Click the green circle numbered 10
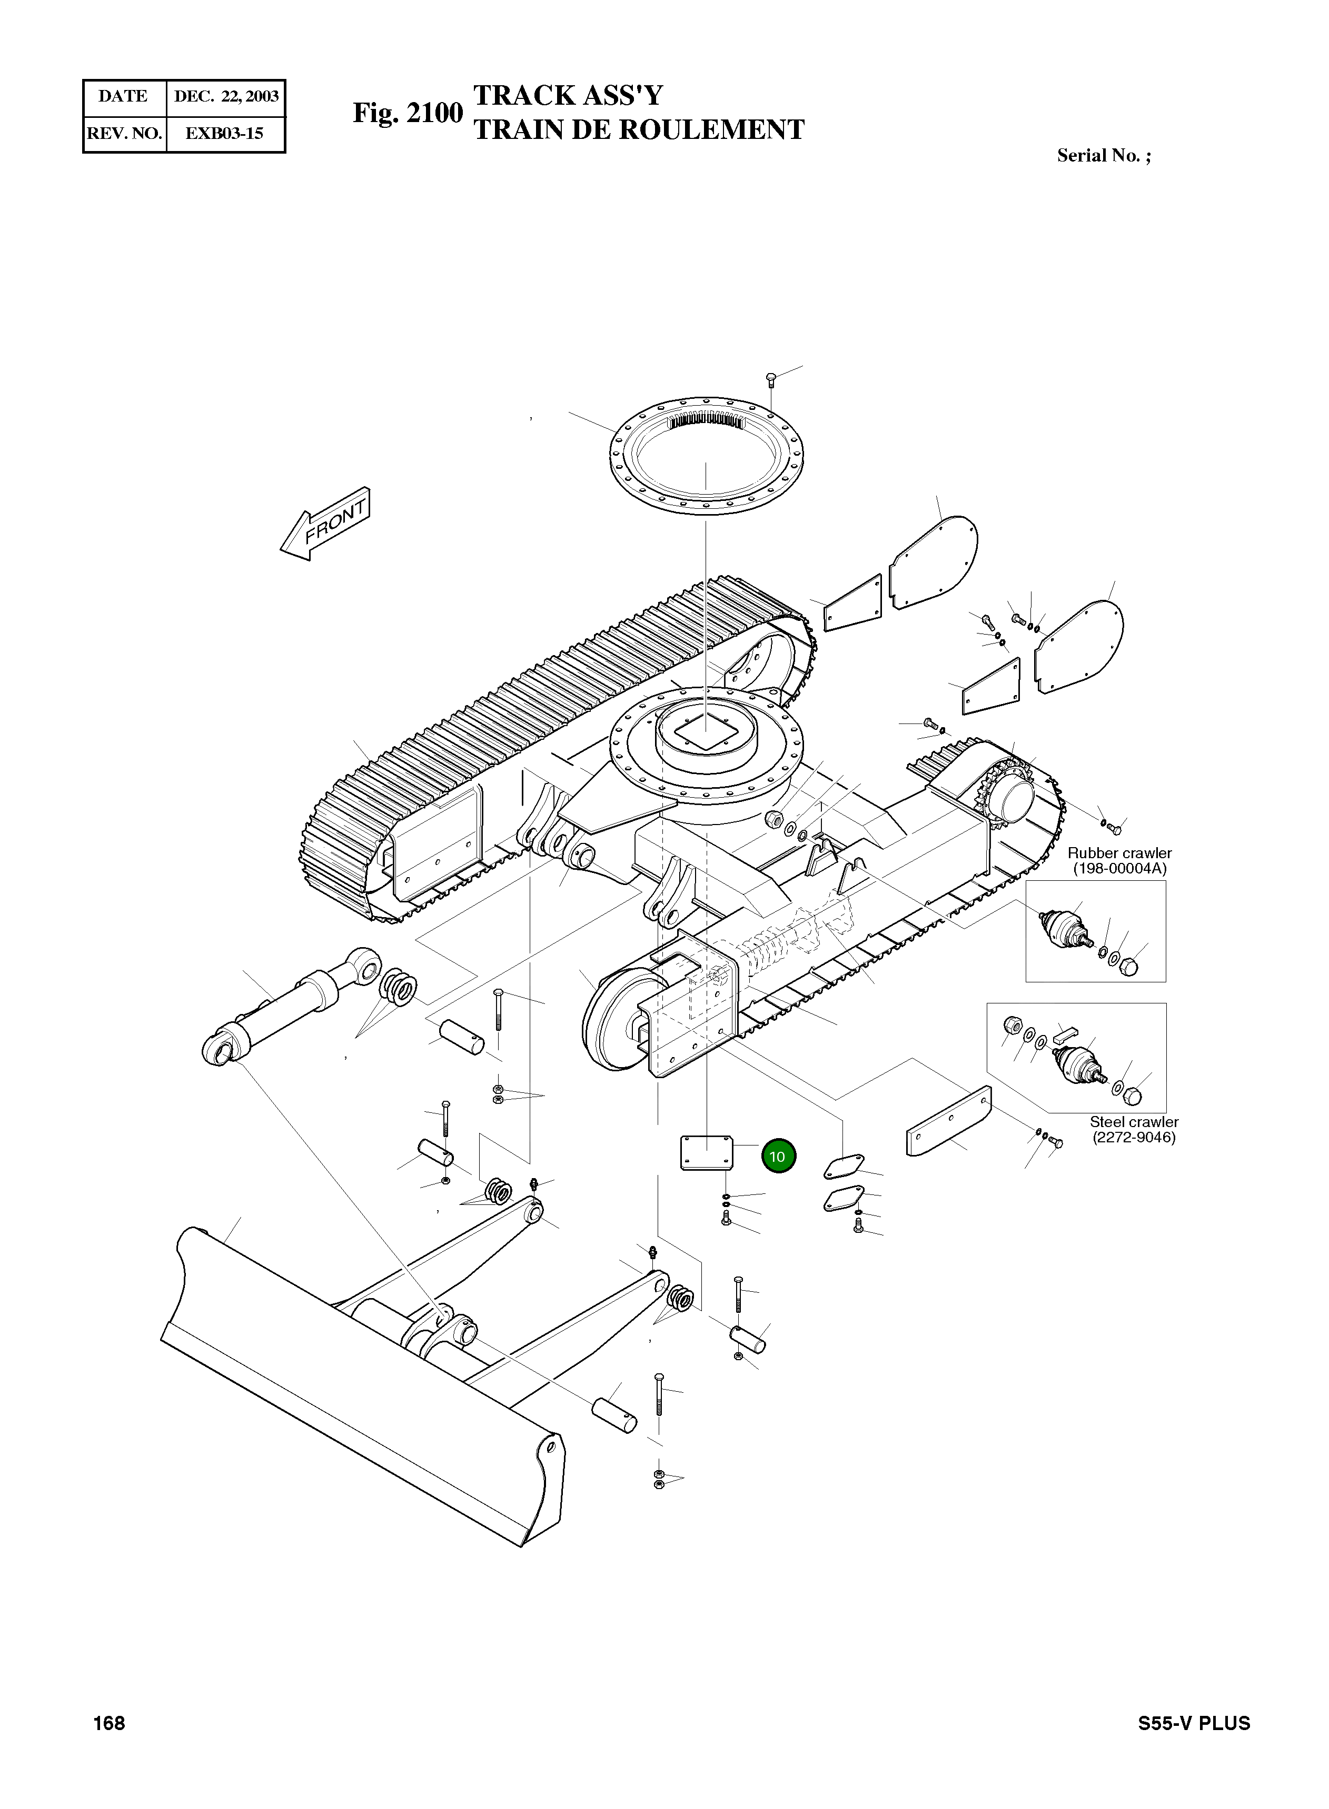[778, 1157]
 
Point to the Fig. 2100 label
[408, 113]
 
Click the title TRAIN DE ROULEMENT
[639, 130]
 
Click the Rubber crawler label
[1119, 853]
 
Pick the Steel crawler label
[1134, 1122]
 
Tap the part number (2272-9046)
[1134, 1138]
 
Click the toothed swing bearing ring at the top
[706, 459]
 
